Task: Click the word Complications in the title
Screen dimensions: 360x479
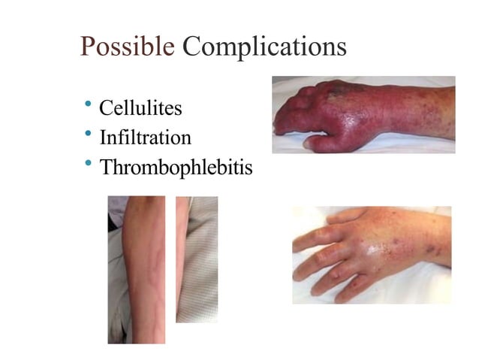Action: [264, 47]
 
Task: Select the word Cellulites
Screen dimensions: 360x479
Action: [140, 109]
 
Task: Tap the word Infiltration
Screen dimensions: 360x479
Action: [145, 138]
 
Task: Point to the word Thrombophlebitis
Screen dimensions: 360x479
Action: [176, 168]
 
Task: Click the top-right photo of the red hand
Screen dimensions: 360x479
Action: [363, 114]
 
